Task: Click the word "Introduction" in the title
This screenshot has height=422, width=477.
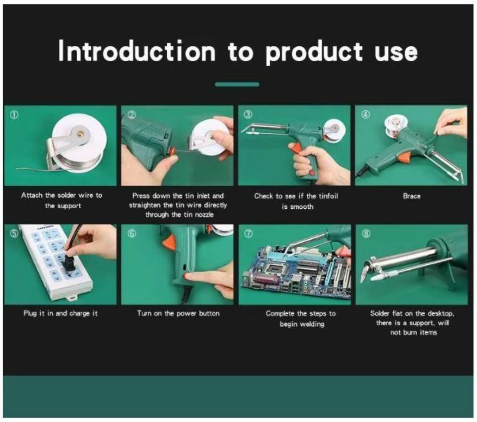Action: pos(136,51)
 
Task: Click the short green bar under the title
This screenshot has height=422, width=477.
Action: pos(237,84)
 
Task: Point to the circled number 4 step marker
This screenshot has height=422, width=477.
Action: pos(366,115)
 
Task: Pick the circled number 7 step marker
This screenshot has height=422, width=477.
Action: pos(249,234)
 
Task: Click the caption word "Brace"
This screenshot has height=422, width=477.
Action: pos(412,196)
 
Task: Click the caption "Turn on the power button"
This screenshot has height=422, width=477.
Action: pos(178,313)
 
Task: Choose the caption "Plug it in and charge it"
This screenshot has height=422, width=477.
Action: pos(61,313)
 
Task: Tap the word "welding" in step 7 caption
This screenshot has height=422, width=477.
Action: pos(302,324)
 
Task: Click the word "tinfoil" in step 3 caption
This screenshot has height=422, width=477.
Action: pos(328,196)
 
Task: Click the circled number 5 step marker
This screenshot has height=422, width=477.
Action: pos(14,234)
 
